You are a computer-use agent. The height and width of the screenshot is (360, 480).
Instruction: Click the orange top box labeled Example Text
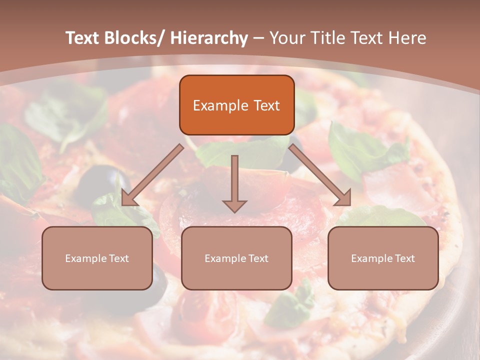coord(236,105)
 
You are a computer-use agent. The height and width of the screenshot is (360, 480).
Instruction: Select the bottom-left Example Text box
coord(97,258)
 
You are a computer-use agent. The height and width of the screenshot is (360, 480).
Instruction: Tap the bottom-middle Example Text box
coord(236,258)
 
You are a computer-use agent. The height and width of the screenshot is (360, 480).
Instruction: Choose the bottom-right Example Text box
coord(383,258)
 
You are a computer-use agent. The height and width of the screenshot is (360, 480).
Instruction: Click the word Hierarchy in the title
coord(209,38)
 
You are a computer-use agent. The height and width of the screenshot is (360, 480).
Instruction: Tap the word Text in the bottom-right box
coord(403,258)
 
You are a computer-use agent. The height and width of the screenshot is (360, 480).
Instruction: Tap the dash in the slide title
coord(258,38)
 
